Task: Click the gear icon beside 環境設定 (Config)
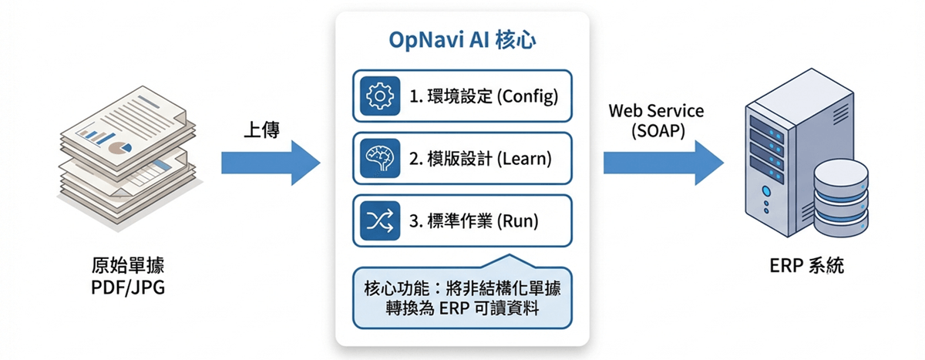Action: coord(378,96)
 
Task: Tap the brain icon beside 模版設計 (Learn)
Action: coord(378,158)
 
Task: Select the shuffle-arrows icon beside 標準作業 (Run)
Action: coord(378,221)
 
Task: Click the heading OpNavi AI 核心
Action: coord(462,42)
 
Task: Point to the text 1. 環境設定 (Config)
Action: coord(483,96)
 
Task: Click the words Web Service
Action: coord(656,111)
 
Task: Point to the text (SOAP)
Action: coord(656,130)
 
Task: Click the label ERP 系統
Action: coord(806,267)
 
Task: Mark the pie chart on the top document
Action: coord(116,146)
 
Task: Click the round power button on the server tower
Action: coord(765,190)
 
